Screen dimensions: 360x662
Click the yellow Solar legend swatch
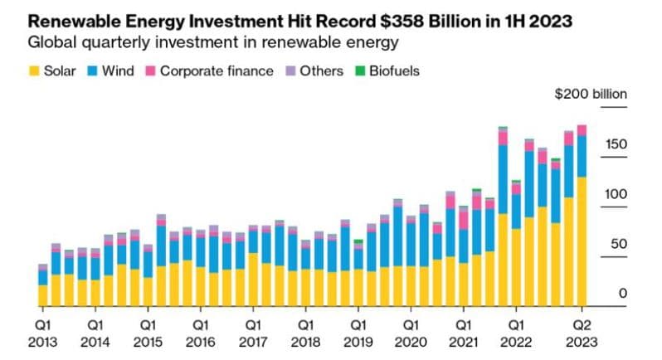tap(35, 71)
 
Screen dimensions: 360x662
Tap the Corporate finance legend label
tap(217, 71)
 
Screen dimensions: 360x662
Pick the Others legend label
tap(322, 71)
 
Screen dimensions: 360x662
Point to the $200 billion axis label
tap(591, 94)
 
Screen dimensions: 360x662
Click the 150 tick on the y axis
tap(616, 145)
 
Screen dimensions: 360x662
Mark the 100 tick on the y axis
tap(616, 195)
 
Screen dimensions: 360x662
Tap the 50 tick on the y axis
tap(619, 245)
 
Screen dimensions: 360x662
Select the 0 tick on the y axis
tap(622, 294)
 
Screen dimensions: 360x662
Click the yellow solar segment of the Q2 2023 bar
tap(582, 241)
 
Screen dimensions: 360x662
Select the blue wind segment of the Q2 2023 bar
tap(582, 156)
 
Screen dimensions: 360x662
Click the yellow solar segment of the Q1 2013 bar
tap(42, 296)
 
